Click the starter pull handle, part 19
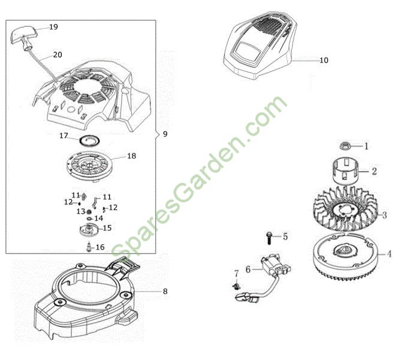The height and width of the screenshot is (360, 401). click(23, 38)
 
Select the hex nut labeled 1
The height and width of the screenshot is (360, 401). click(345, 146)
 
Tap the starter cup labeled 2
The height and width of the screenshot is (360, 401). click(345, 171)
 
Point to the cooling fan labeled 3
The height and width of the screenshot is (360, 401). click(345, 210)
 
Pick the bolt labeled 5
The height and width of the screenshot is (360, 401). click(269, 238)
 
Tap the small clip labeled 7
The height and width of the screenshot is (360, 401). click(237, 286)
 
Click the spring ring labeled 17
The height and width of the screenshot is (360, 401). click(89, 140)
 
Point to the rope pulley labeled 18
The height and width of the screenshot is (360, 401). click(89, 166)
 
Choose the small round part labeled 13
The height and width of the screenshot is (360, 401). click(89, 212)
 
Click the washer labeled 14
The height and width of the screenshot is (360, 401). click(89, 218)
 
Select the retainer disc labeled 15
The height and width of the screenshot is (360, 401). click(89, 229)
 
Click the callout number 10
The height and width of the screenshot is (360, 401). click(324, 61)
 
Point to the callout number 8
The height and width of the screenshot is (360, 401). click(165, 291)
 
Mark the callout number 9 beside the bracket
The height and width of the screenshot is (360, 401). click(165, 134)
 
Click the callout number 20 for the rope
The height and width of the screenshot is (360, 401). click(58, 55)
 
